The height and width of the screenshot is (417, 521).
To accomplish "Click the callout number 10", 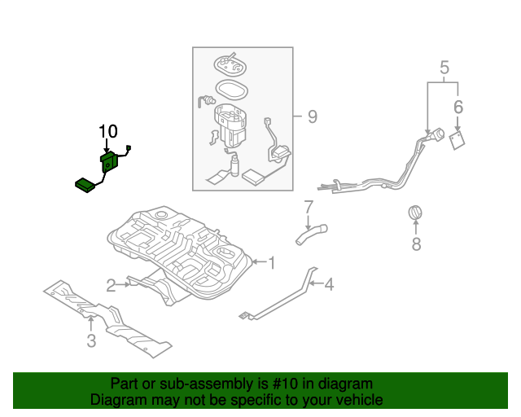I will tap(108, 131).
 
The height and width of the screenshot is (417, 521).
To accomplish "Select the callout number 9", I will tap(311, 117).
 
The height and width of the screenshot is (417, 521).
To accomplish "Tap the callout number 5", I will tap(444, 68).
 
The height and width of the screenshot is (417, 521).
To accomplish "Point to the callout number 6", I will tap(458, 107).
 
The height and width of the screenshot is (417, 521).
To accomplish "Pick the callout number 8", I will tap(416, 243).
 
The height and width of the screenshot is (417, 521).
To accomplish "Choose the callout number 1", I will tap(272, 262).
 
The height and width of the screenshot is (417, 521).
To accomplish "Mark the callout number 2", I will tap(111, 284).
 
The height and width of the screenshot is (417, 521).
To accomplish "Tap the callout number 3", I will tap(91, 340).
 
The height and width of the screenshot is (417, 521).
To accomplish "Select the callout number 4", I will tap(329, 284).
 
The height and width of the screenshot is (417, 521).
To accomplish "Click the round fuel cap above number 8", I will tap(416, 213).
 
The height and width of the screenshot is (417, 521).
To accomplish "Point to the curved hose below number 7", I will tap(309, 235).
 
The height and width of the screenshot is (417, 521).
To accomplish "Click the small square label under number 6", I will tap(458, 138).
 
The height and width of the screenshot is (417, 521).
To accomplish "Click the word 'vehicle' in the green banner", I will tap(357, 400).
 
